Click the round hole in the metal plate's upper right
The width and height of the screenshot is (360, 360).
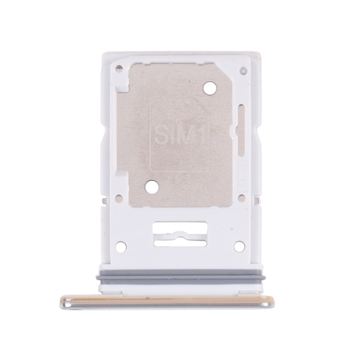210,88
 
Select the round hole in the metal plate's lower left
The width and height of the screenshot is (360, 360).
152,187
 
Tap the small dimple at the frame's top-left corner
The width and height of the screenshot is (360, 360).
119,68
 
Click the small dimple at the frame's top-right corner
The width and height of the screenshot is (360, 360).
244,71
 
